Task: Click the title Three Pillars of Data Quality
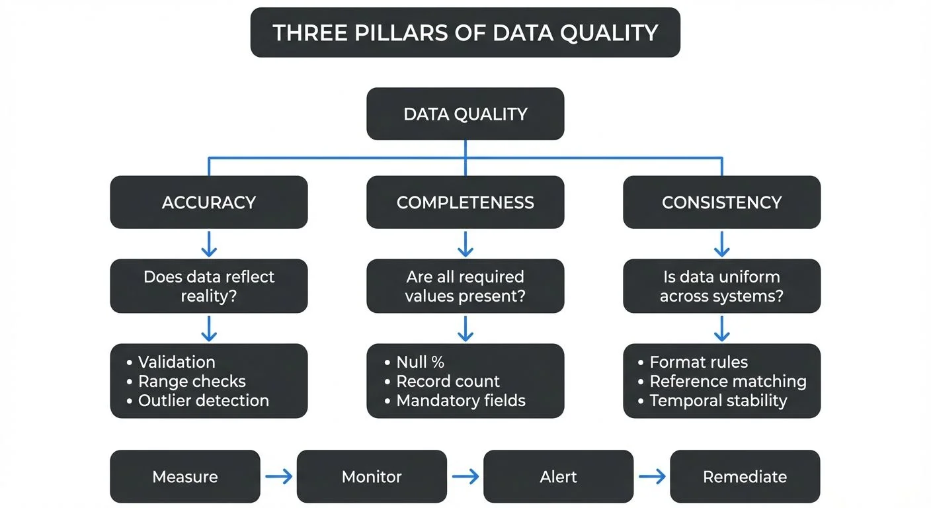[x=465, y=32]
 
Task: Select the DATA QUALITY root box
[x=465, y=114]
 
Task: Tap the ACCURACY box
[x=208, y=202]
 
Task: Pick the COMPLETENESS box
[x=465, y=202]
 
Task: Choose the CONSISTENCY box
[x=721, y=202]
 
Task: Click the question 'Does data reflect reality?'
[x=208, y=286]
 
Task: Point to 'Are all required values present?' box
[x=465, y=286]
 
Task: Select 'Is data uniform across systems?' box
[x=721, y=286]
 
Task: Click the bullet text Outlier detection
[x=203, y=400]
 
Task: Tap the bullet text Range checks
[x=192, y=382]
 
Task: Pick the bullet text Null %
[x=420, y=362]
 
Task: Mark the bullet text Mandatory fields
[x=460, y=400]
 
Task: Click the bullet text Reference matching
[x=727, y=382]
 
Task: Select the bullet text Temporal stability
[x=718, y=400]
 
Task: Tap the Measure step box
[x=184, y=476]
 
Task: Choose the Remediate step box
[x=745, y=476]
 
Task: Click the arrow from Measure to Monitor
[x=278, y=476]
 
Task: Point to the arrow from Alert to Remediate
[x=651, y=476]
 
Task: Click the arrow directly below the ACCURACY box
[x=208, y=243]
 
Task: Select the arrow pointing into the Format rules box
[x=721, y=327]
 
